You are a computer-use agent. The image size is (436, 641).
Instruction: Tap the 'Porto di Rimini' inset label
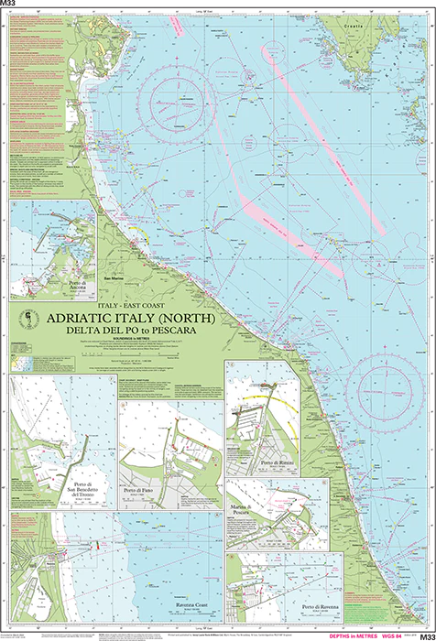pos(276,464)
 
